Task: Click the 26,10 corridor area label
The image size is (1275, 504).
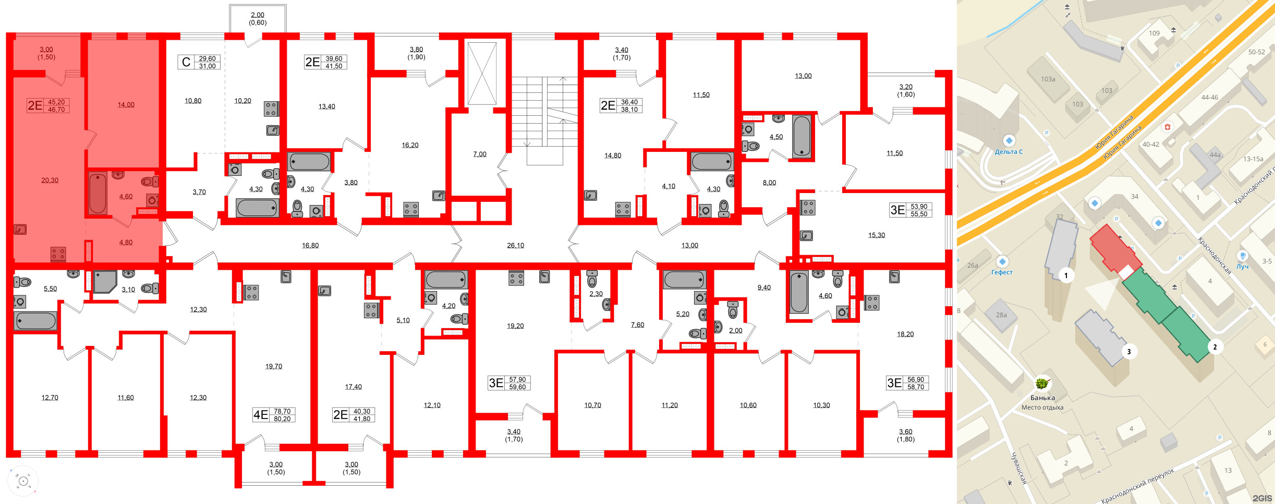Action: coord(515,245)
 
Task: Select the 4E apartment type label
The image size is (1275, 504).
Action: coord(260,415)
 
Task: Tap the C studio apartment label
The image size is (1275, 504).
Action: coord(186,62)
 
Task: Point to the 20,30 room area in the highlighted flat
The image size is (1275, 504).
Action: coord(50,181)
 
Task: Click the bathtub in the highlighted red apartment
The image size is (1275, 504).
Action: coord(98,194)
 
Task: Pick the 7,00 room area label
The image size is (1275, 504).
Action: coord(480,154)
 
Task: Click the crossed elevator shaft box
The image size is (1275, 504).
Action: coord(482,74)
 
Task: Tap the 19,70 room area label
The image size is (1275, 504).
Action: coord(274,367)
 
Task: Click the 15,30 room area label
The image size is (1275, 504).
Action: coord(877,235)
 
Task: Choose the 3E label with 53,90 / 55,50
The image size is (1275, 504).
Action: coord(897,210)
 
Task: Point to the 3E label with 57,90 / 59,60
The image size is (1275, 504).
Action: coord(496,383)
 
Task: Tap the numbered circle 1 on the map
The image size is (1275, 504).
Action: coord(1066,275)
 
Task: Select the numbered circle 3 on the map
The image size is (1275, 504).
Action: coord(1129,351)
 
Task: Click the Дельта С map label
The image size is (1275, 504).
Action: coord(1009,152)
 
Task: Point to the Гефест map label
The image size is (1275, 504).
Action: coord(1002,272)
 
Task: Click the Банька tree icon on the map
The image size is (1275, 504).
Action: coord(1042,384)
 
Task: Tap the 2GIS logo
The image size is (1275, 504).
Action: coord(1262,498)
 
